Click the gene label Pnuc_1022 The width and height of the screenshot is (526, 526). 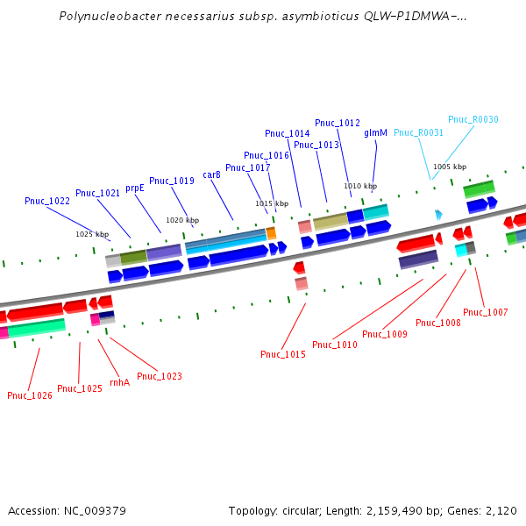click(47, 201)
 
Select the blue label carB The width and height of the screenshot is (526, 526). click(211, 174)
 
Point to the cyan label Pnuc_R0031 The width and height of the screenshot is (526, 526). click(418, 132)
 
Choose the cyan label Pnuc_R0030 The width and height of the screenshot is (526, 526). click(473, 119)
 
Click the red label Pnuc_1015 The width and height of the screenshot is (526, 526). click(282, 354)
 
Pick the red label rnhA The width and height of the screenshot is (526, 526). click(119, 382)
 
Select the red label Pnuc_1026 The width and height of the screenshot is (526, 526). click(30, 395)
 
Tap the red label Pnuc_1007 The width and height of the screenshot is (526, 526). click(485, 312)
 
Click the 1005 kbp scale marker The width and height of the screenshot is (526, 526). click(450, 167)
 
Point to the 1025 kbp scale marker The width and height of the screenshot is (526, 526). click(91, 234)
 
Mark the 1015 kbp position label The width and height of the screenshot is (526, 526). click(272, 203)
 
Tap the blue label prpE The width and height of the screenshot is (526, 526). click(134, 188)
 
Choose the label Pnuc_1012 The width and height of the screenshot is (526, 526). click(338, 123)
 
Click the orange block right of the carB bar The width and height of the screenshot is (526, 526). click(271, 233)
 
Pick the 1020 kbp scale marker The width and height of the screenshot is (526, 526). click(182, 220)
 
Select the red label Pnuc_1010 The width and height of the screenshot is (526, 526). click(334, 345)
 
